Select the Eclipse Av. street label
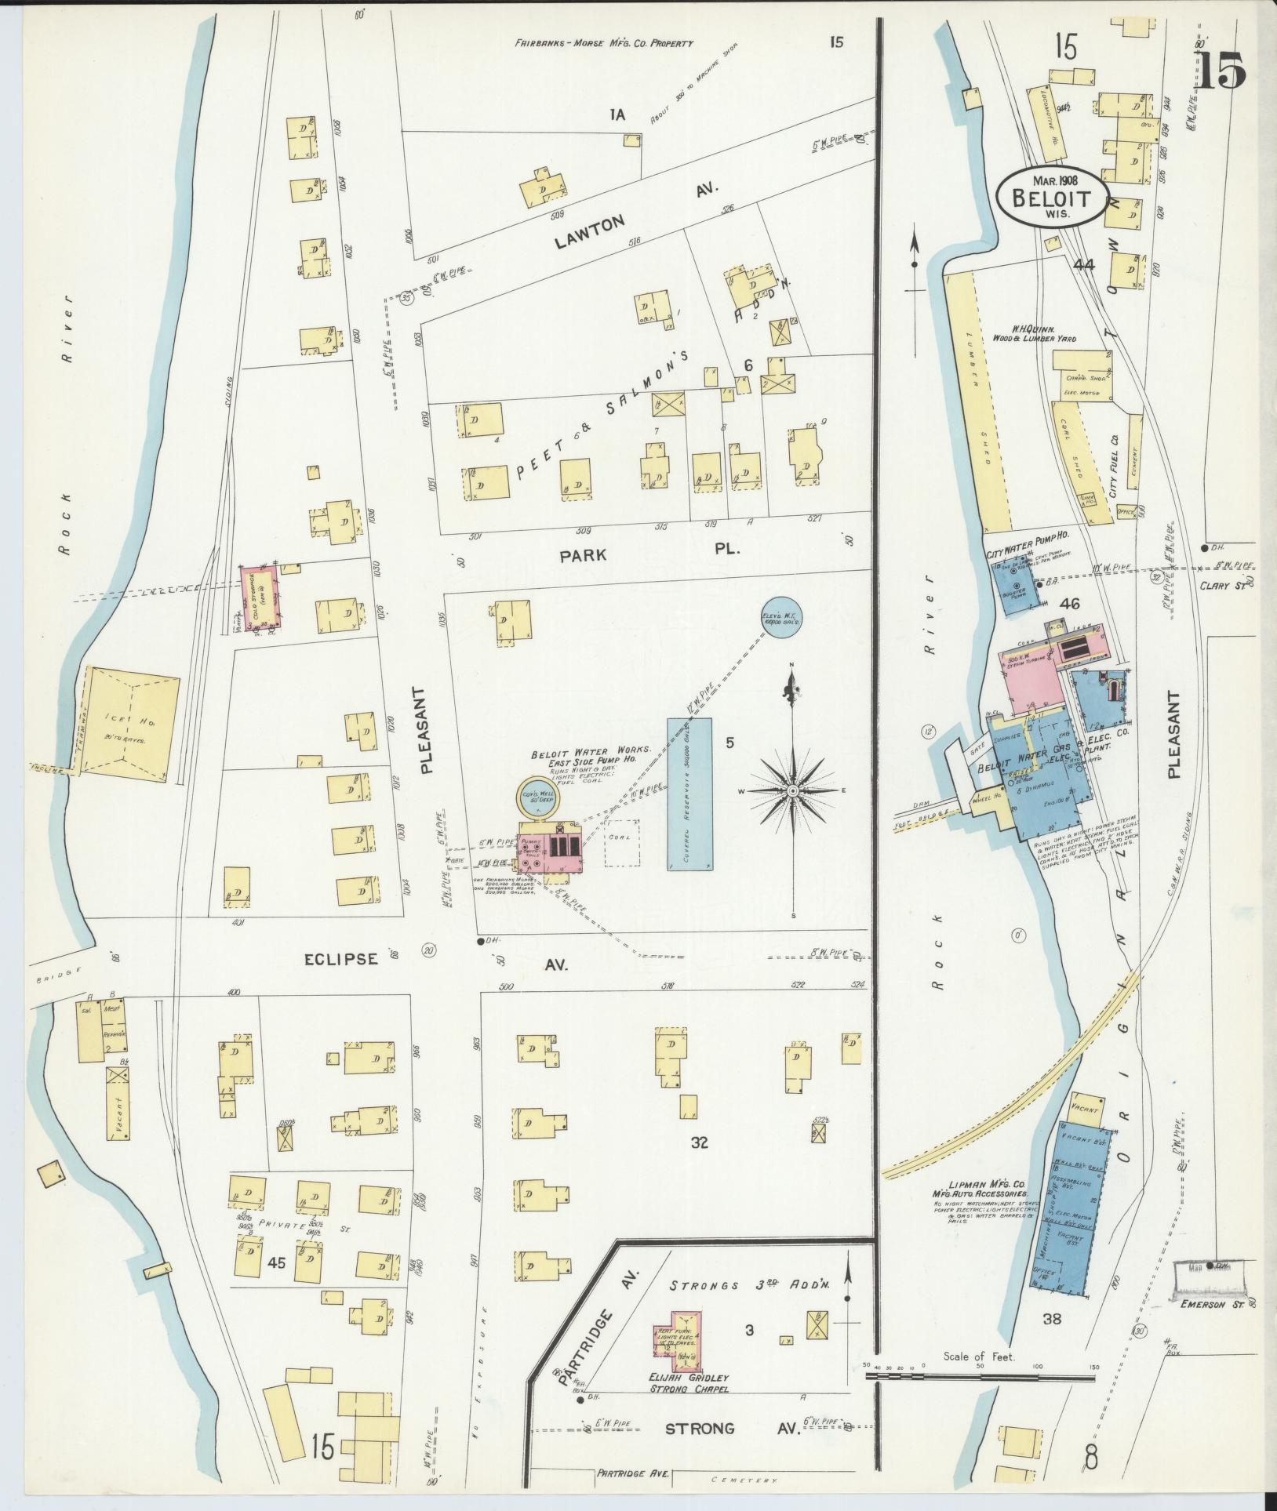[431, 958]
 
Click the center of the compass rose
[792, 791]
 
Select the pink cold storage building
[259, 598]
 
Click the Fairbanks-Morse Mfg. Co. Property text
[604, 44]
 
